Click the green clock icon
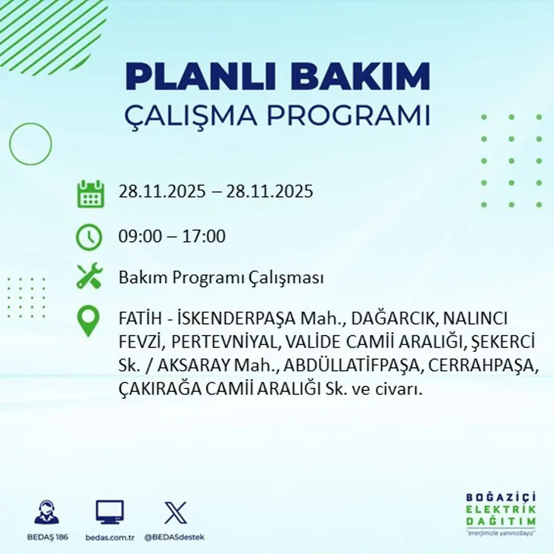click(89, 237)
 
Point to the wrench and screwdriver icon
click(89, 276)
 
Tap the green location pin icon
click(89, 320)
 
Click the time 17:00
click(204, 237)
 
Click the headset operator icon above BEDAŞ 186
click(47, 512)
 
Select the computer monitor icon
click(110, 512)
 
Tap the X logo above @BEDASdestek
click(175, 512)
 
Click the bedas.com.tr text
click(110, 537)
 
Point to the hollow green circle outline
click(30, 144)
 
